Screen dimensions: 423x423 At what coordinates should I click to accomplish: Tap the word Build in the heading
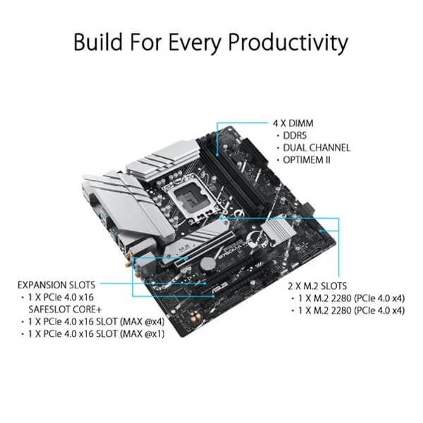tap(102, 42)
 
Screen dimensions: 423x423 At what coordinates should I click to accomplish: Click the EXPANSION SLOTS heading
tap(67, 285)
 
